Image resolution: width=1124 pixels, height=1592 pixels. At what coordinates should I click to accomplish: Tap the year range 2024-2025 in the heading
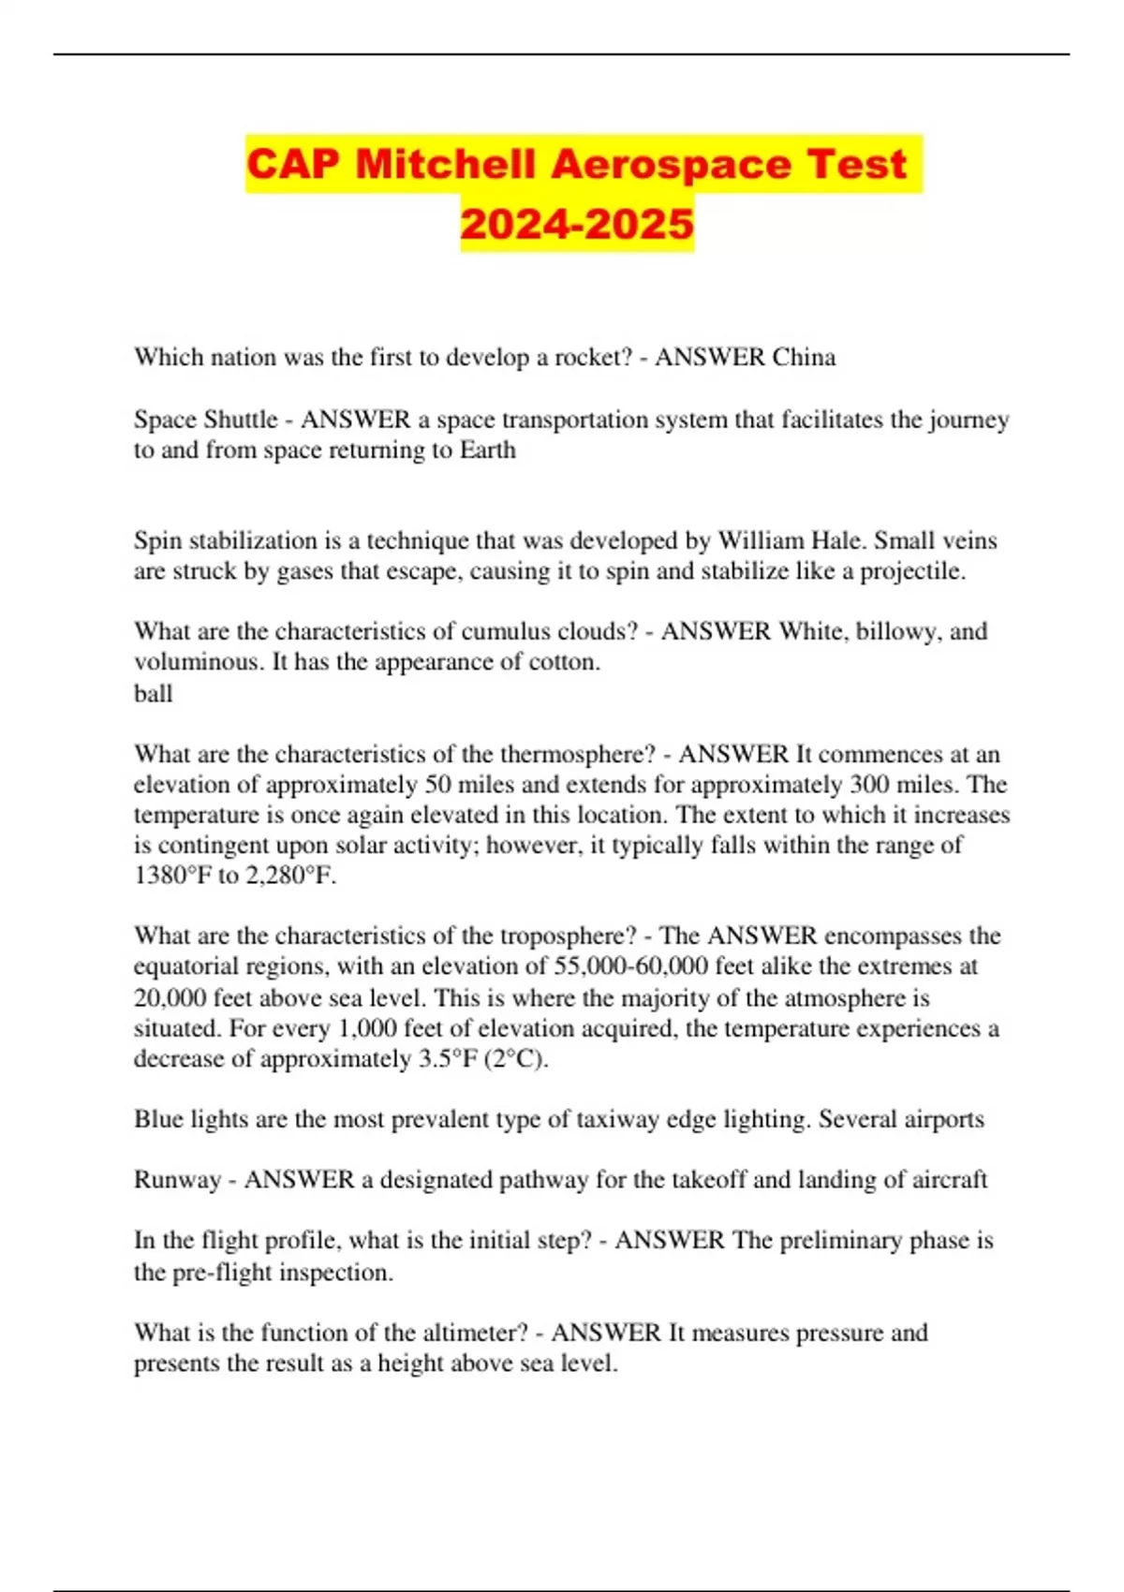(x=577, y=224)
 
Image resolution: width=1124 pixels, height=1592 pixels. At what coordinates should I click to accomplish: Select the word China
(x=804, y=357)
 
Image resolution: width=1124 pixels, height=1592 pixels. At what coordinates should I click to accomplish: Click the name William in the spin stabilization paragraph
(x=757, y=540)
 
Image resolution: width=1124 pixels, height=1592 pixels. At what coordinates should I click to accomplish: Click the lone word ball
(x=153, y=693)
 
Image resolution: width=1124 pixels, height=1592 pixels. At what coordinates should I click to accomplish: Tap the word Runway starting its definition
(x=178, y=1179)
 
